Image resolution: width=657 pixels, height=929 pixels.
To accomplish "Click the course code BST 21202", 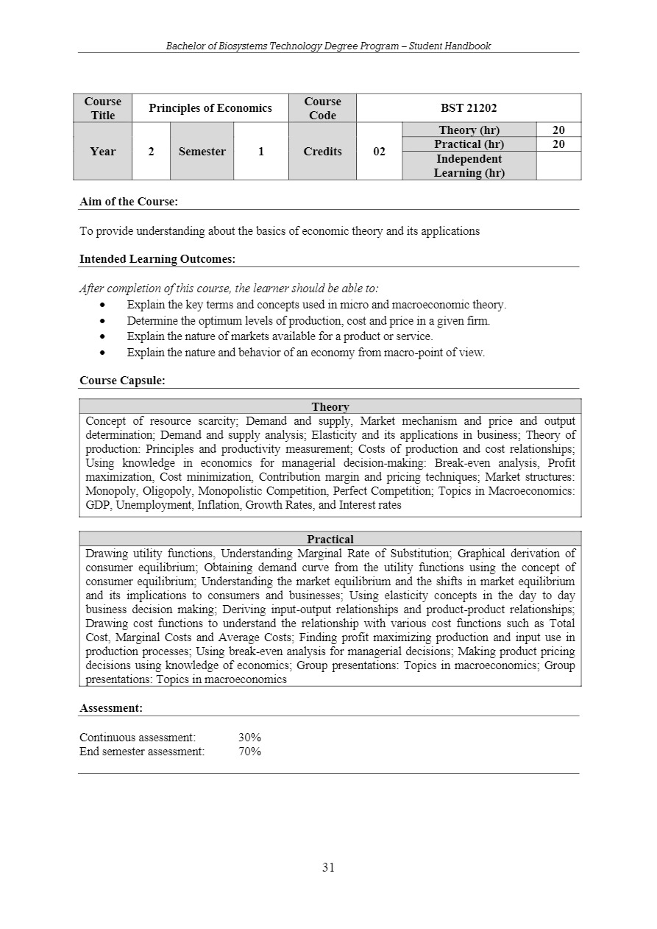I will point(469,108).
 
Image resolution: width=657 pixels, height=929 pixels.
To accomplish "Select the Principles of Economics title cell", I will point(210,108).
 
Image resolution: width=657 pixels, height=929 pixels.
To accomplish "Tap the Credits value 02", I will point(379,152).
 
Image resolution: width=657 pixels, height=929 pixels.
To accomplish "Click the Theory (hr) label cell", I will point(469,130).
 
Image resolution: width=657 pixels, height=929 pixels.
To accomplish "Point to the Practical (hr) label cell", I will point(469,144).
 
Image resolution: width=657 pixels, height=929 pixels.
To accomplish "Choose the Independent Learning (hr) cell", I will point(469,166).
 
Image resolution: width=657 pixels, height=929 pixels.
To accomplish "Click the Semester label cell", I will point(202,152).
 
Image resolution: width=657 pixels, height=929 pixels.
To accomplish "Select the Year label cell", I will point(102,152).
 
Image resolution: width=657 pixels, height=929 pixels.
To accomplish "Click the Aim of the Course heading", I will point(129,201).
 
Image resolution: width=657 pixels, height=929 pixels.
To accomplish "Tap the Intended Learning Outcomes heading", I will point(157,259).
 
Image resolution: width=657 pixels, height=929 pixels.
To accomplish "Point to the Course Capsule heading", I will point(122,381).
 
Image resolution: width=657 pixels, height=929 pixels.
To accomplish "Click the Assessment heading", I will point(111,708).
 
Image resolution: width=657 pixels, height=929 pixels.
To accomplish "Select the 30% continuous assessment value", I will point(250,738).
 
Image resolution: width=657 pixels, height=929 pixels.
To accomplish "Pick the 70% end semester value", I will point(250,752).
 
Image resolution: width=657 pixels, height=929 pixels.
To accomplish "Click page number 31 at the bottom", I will point(328,867).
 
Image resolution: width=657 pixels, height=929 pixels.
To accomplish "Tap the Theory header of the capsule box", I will point(330,406).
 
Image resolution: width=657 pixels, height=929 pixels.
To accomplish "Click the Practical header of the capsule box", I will point(330,540).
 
